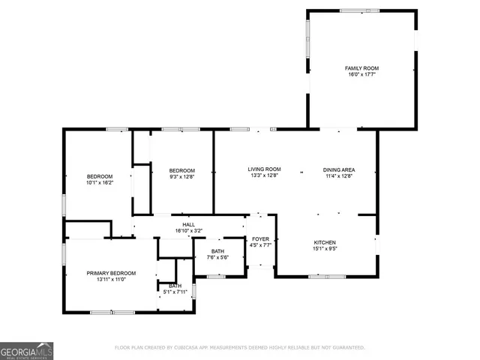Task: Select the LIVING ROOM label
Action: tap(264, 169)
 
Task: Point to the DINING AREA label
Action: tap(339, 169)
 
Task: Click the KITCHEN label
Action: tap(324, 243)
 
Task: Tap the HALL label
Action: tap(189, 224)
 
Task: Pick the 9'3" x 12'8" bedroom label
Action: tap(181, 176)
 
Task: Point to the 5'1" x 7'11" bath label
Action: tap(175, 289)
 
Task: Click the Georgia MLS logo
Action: tap(26, 350)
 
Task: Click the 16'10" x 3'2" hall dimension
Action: tap(189, 231)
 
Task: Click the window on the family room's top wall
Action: tap(354, 10)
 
